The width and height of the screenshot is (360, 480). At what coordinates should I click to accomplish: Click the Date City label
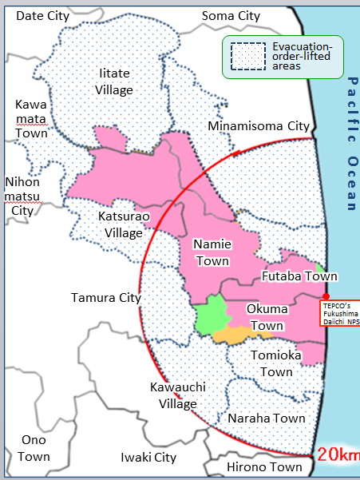pos(43,15)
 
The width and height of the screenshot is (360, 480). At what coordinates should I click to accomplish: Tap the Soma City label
pos(231,15)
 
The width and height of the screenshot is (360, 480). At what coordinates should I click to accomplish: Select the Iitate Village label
pos(114,81)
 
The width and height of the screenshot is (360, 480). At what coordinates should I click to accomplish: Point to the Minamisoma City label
pos(258,126)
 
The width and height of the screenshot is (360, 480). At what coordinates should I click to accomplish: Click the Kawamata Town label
pos(31,119)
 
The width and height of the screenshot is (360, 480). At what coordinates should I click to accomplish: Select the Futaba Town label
pos(299,276)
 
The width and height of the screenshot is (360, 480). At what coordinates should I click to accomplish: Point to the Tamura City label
pos(105,298)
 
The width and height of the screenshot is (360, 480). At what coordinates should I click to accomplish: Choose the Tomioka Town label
pos(276,363)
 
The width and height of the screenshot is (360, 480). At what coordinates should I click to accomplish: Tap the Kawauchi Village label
pos(177,395)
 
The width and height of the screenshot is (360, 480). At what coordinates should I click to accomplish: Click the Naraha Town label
pos(267,418)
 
